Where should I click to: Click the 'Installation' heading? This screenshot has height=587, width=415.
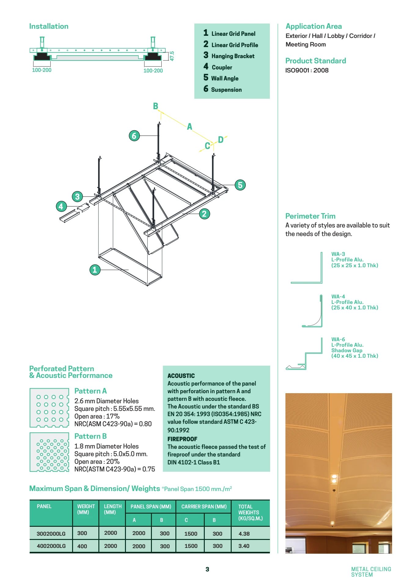pyautogui.click(x=49, y=26)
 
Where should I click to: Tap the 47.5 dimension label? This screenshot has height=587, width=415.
pyautogui.click(x=172, y=56)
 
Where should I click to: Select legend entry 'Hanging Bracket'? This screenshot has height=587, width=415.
pyautogui.click(x=233, y=56)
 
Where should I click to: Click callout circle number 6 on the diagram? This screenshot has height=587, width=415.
pyautogui.click(x=134, y=135)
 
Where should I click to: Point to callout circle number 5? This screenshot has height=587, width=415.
pyautogui.click(x=240, y=185)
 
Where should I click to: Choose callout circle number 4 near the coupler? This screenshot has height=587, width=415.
pyautogui.click(x=61, y=206)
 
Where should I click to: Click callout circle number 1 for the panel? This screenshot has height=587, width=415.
pyautogui.click(x=95, y=270)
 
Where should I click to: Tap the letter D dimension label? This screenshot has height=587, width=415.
pyautogui.click(x=221, y=140)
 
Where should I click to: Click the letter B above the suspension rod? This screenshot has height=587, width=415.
pyautogui.click(x=156, y=106)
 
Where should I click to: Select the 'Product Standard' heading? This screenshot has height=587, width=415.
pyautogui.click(x=315, y=61)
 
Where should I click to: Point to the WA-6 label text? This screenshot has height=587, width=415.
pyautogui.click(x=338, y=339)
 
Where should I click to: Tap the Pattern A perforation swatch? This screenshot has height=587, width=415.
pyautogui.click(x=49, y=408)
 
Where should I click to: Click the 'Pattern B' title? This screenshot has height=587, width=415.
pyautogui.click(x=90, y=436)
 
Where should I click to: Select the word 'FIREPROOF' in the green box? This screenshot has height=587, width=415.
pyautogui.click(x=182, y=439)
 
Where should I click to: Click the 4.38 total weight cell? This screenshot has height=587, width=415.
pyautogui.click(x=244, y=533)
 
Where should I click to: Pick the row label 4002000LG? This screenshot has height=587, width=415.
pyautogui.click(x=51, y=546)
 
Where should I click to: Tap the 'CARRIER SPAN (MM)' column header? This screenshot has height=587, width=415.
pyautogui.click(x=204, y=507)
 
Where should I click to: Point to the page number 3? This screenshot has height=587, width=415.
pyautogui.click(x=207, y=569)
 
